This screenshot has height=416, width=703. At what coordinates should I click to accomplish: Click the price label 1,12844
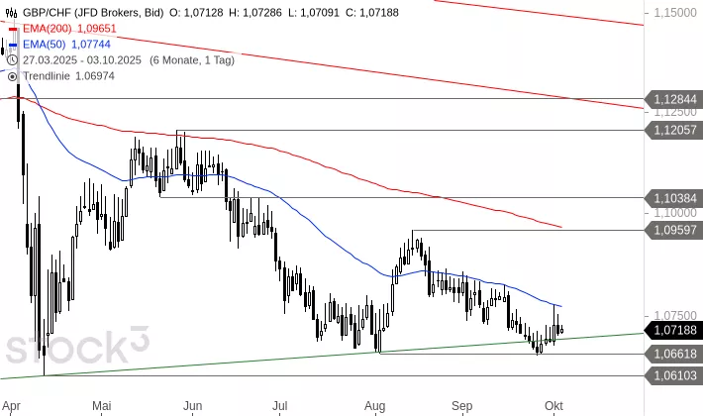tap(675, 99)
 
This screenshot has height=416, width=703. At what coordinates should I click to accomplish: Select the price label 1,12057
tap(675, 130)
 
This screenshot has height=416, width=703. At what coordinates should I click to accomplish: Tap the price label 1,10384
tap(675, 197)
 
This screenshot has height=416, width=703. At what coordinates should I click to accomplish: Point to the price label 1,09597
tap(675, 230)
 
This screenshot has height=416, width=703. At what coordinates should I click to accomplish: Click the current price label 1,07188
tap(675, 330)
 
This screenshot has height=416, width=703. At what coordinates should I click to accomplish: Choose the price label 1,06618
tap(675, 354)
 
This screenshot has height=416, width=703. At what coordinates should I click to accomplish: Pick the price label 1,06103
tap(675, 375)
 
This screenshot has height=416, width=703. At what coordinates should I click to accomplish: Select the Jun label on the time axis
tap(193, 405)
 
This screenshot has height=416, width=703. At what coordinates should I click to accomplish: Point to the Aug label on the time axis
tap(374, 405)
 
